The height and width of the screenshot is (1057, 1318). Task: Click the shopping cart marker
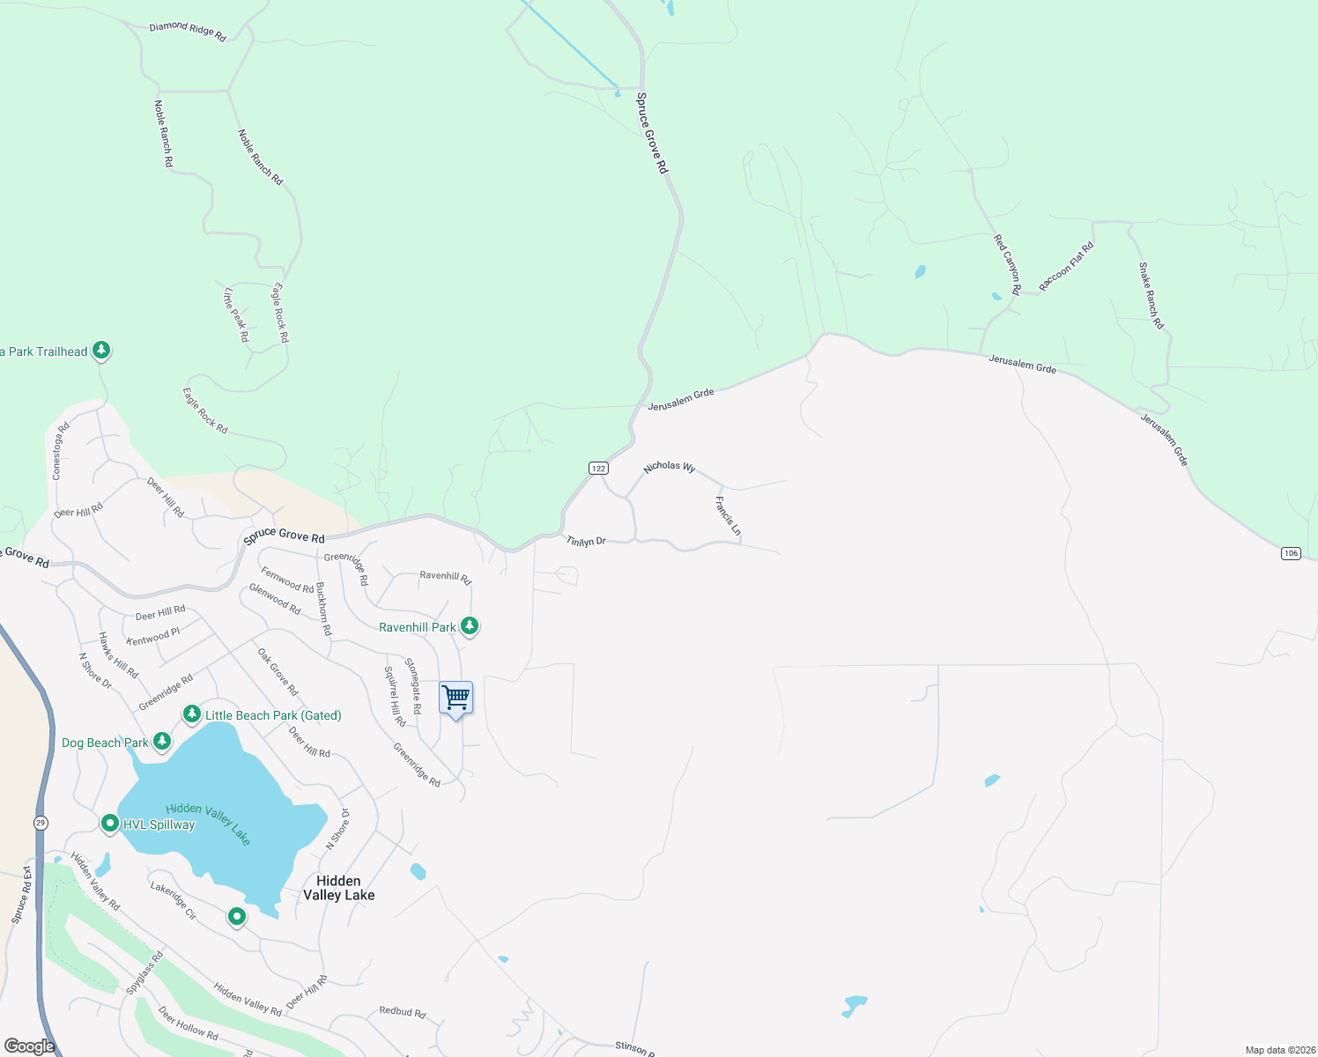[455, 699]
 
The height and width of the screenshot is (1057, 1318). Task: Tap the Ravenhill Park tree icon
[470, 626]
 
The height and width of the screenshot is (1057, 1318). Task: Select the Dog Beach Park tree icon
[161, 742]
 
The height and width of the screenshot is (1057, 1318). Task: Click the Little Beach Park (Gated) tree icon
[191, 714]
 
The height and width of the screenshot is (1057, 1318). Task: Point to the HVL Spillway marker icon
[109, 824]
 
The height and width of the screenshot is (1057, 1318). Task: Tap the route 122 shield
[598, 468]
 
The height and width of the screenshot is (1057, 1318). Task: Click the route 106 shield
[1291, 553]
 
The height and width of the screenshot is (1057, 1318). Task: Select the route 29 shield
[41, 823]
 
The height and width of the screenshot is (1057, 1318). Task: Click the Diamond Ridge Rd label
[188, 32]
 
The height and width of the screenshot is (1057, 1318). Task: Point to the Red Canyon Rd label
[1007, 264]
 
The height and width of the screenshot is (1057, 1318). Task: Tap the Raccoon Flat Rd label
[1066, 266]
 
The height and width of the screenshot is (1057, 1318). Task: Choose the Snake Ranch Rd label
[1151, 296]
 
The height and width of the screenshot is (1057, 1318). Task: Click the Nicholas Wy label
[669, 467]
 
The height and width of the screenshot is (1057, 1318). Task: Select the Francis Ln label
[728, 516]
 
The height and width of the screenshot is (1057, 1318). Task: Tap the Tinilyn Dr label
[586, 541]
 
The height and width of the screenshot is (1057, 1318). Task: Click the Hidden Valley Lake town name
[339, 888]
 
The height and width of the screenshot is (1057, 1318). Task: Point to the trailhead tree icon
[101, 351]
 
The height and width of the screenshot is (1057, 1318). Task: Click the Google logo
[29, 1046]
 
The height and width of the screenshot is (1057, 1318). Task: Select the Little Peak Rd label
[236, 314]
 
